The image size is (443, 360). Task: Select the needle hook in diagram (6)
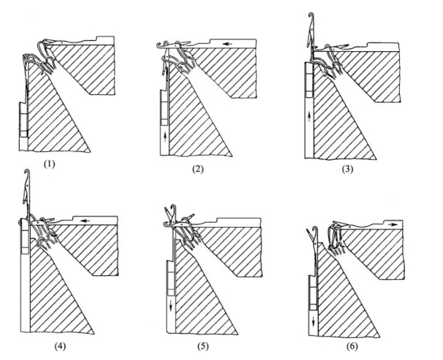(308, 234)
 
